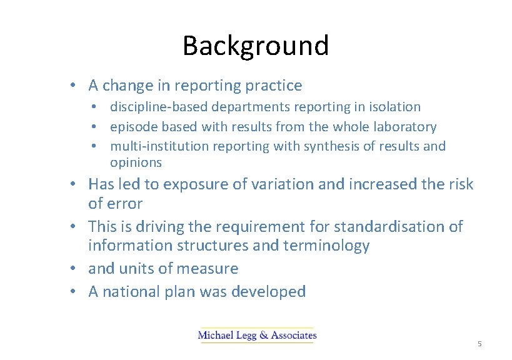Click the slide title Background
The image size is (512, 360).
(256, 46)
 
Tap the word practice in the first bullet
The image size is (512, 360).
(273, 86)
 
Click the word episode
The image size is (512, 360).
(134, 127)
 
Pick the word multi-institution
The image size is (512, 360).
(159, 146)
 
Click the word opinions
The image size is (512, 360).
(136, 162)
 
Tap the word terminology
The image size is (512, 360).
(328, 246)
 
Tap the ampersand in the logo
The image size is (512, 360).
(261, 336)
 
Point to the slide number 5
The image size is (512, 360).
(479, 344)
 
